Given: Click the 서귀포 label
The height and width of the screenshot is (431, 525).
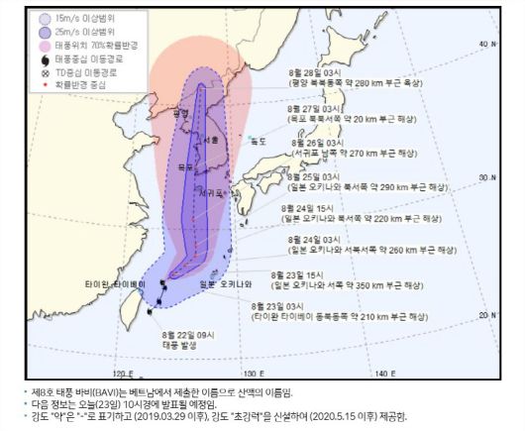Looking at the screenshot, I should point(207,191).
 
